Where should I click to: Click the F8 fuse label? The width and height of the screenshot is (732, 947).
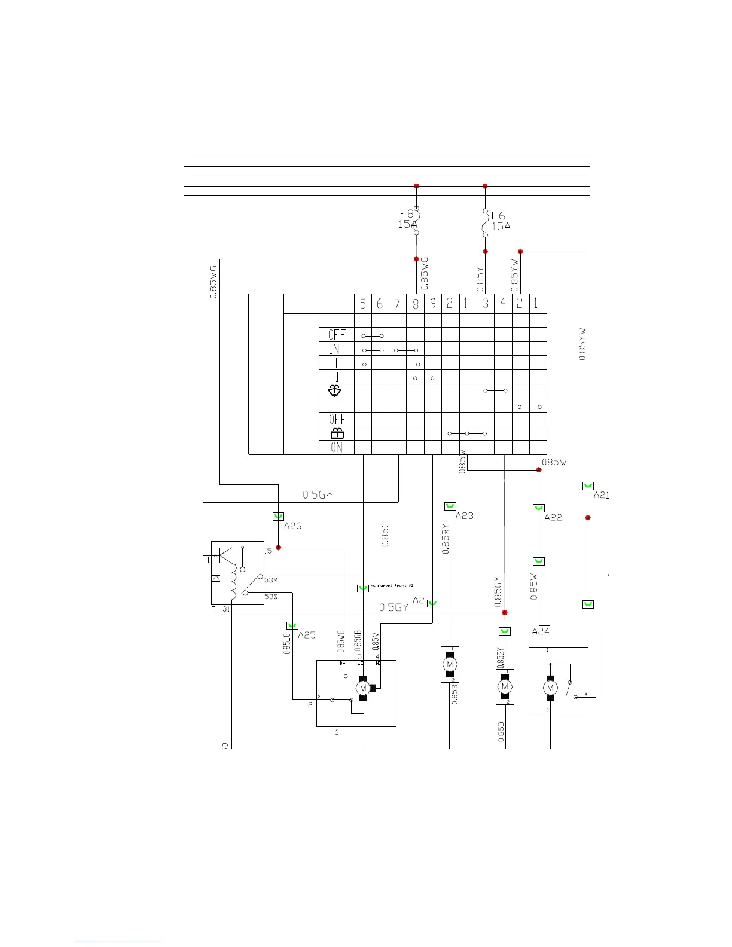click(406, 213)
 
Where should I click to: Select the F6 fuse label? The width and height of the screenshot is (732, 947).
click(498, 216)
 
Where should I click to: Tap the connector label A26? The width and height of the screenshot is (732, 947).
click(292, 526)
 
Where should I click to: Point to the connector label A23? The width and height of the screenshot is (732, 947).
click(464, 516)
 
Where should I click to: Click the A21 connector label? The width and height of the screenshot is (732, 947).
click(601, 495)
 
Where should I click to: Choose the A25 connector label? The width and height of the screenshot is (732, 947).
click(306, 635)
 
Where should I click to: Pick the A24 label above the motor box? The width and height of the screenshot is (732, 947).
click(541, 631)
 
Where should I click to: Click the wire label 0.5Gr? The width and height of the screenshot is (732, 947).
click(317, 495)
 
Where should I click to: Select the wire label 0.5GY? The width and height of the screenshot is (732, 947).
click(394, 607)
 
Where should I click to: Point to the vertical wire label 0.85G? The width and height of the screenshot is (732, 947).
click(385, 534)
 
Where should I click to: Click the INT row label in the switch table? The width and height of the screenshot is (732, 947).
click(337, 349)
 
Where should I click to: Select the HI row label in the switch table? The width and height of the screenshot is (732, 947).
click(334, 377)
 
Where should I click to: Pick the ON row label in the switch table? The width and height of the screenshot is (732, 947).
click(337, 447)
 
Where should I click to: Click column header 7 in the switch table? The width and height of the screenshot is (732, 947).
click(397, 304)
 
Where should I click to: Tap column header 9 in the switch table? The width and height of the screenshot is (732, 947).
click(432, 304)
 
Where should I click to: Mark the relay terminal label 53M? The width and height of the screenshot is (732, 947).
click(271, 580)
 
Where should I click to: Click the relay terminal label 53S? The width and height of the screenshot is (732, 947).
click(271, 597)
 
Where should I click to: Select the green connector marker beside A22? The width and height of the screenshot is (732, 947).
click(538, 508)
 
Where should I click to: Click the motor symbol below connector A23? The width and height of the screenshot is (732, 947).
click(450, 664)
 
